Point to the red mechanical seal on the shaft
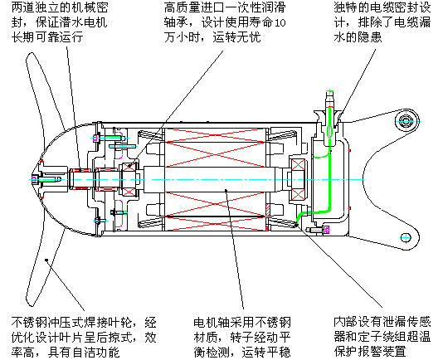pos(80,177)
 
